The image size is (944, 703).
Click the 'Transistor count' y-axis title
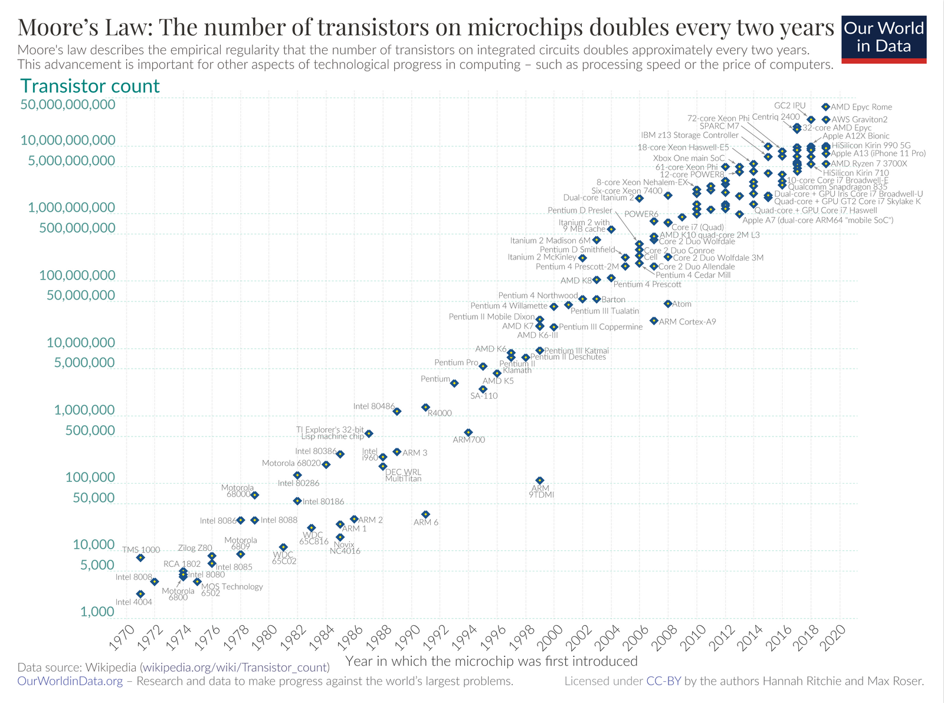pyautogui.click(x=90, y=86)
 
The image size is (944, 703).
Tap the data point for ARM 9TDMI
pyautogui.click(x=539, y=481)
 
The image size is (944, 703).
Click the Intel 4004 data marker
pyautogui.click(x=140, y=594)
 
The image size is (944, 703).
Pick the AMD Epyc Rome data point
pyautogui.click(x=825, y=107)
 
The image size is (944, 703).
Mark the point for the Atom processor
pyautogui.click(x=668, y=304)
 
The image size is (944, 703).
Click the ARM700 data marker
pyautogui.click(x=468, y=432)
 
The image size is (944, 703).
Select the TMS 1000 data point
pyautogui.click(x=140, y=557)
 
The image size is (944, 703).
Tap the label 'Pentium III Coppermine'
pyautogui.click(x=601, y=327)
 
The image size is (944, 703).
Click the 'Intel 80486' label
pyautogui.click(x=373, y=406)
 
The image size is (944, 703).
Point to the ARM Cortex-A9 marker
pyautogui.click(x=654, y=321)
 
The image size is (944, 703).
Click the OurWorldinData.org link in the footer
pyautogui.click(x=70, y=681)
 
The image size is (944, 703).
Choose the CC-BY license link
pyautogui.click(x=664, y=681)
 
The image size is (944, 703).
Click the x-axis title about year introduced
pyautogui.click(x=491, y=661)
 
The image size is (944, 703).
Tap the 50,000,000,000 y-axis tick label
pyautogui.click(x=67, y=104)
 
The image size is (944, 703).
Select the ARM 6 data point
pyautogui.click(x=425, y=514)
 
